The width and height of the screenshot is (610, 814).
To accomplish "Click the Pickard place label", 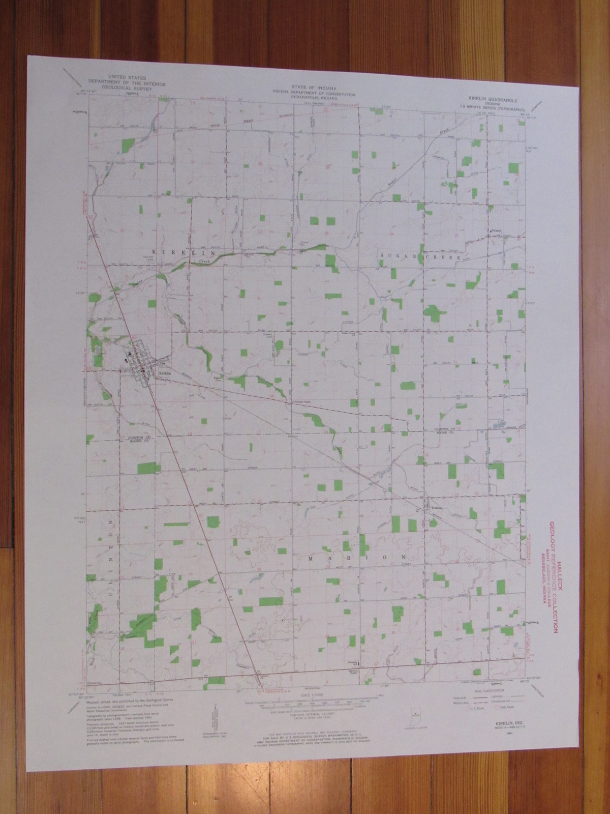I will point(496,230).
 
